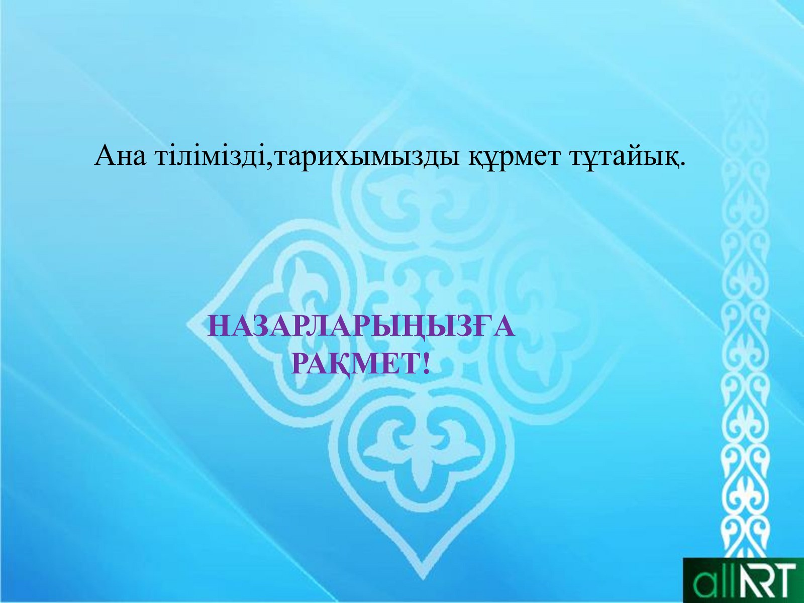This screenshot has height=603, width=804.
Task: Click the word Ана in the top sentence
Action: (x=120, y=156)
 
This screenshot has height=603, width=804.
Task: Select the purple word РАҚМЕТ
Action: (x=355, y=363)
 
